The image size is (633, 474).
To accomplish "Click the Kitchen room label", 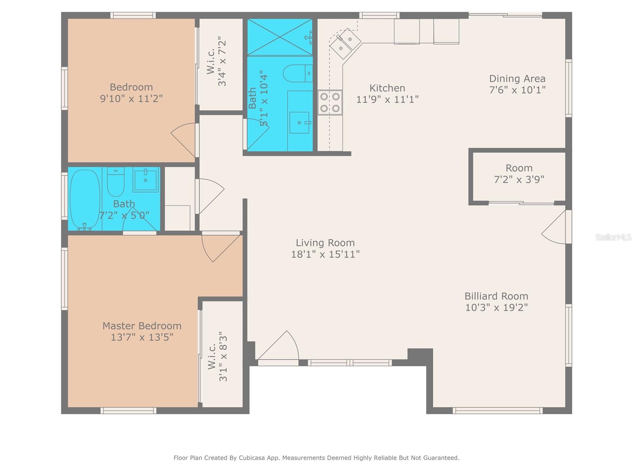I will (x=387, y=88).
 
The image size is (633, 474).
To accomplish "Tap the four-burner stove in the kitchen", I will (x=330, y=102).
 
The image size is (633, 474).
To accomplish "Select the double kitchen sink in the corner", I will (x=345, y=43).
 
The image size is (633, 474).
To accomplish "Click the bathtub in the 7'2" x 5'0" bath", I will (x=85, y=199).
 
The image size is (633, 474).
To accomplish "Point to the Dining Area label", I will (x=517, y=79).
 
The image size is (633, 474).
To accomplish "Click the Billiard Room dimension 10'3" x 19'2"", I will (x=496, y=307).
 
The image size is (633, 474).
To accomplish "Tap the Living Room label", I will (x=325, y=243).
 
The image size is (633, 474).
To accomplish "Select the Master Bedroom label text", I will (x=142, y=326).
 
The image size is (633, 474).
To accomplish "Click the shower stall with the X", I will (x=279, y=38).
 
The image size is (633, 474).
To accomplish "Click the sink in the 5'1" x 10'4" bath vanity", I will (x=299, y=123).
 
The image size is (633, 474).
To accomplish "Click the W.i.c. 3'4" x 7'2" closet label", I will (x=217, y=61).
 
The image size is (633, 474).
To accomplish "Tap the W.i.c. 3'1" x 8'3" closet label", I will (x=218, y=356).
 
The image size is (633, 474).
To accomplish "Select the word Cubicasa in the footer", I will (x=253, y=458).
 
